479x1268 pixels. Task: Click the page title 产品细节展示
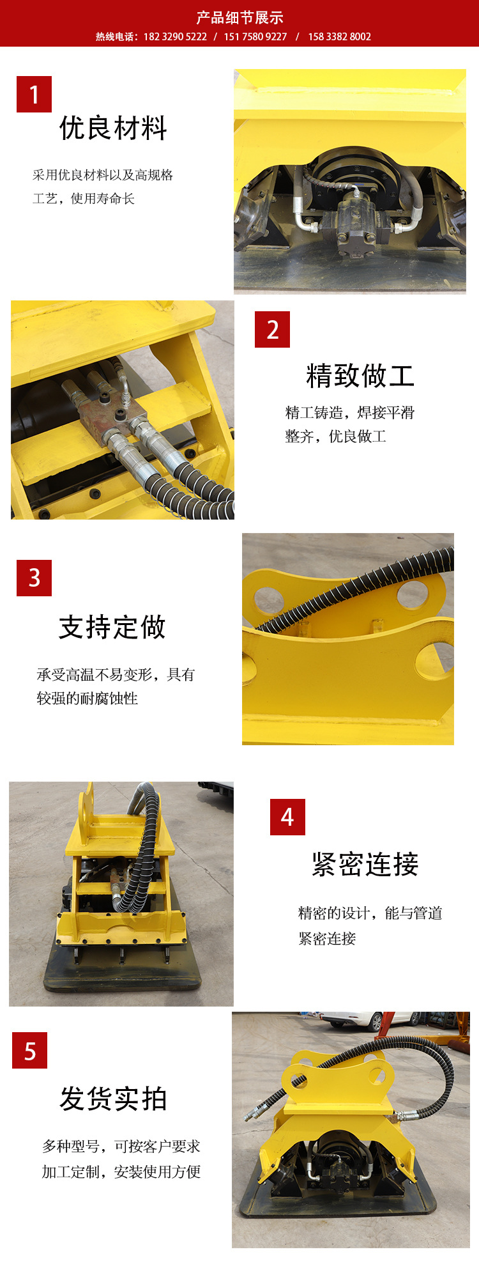coord(240,17)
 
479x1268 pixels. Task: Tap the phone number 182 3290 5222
coord(175,37)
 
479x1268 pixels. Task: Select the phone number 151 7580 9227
coord(255,37)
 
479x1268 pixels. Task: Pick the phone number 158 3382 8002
coord(339,37)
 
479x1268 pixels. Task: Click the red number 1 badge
coord(34,95)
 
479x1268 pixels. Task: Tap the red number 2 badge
coord(272,330)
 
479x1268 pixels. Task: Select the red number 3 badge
coord(34,578)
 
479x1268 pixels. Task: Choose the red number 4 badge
coord(287,817)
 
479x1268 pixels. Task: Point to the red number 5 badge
coord(29,1050)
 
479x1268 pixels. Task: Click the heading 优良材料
coord(113,128)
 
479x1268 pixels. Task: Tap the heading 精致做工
coord(360,376)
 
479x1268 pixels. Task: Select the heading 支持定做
coord(112,627)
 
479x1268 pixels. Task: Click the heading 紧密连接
coord(365,865)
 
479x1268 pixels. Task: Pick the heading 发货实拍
coord(113,1099)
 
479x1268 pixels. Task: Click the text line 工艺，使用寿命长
coord(84,199)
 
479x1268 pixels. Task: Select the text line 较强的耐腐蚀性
coord(87,699)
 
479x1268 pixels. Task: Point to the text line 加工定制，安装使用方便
coord(121,1171)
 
